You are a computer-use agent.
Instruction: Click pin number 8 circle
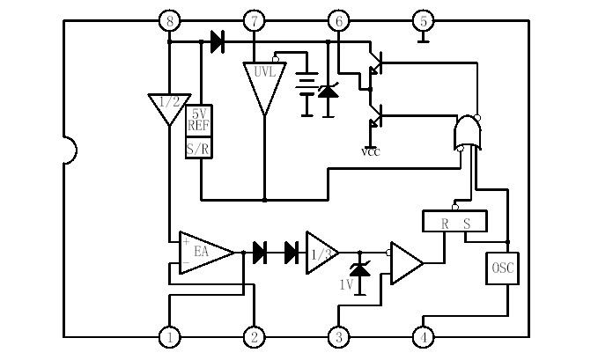click(x=169, y=21)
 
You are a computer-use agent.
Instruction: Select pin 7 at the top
click(x=254, y=21)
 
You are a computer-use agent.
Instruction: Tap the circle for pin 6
click(x=338, y=21)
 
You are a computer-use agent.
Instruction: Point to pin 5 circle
click(x=423, y=21)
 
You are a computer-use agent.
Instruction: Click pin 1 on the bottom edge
click(x=169, y=336)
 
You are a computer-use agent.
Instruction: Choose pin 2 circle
click(x=254, y=336)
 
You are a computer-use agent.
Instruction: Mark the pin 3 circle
click(x=338, y=336)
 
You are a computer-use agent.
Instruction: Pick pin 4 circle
click(x=423, y=336)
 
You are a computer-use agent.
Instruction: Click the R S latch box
click(x=455, y=222)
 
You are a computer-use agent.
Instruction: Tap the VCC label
click(x=371, y=151)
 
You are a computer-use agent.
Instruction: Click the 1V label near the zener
click(x=347, y=285)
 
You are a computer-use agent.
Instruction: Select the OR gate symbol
click(x=468, y=134)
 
